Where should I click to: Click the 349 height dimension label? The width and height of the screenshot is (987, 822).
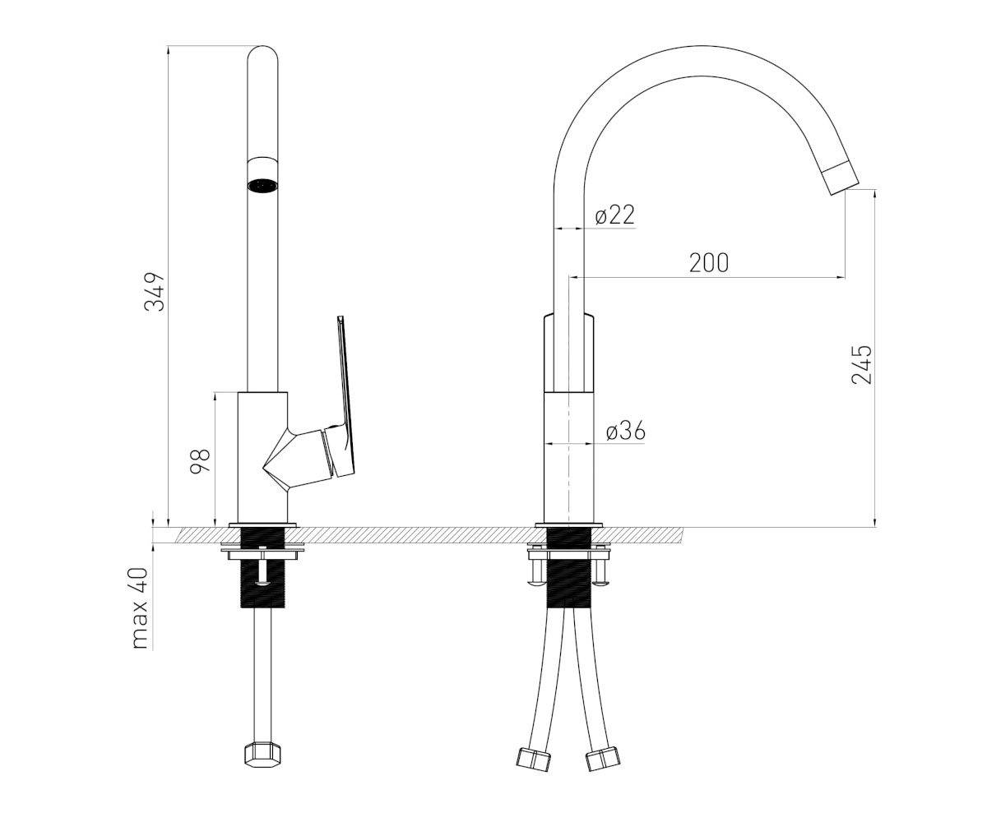pos(155,292)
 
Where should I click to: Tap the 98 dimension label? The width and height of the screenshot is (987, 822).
pos(200,461)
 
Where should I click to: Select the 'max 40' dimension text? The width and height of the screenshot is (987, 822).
pos(140,608)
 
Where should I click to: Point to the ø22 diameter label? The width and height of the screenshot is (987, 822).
pos(614,215)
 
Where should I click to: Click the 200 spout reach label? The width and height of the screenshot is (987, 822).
pos(708,263)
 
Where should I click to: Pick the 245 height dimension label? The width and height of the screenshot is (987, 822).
pos(861,364)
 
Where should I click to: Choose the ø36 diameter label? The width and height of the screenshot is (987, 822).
pos(625,431)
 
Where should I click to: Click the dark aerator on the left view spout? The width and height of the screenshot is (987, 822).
pos(263,185)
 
